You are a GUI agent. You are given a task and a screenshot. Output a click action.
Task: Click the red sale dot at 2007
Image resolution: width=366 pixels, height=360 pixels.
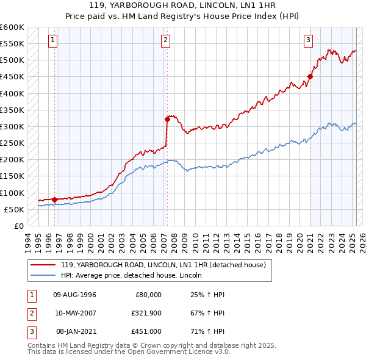167,119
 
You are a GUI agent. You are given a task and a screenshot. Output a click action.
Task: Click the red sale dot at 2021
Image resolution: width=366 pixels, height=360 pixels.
310,76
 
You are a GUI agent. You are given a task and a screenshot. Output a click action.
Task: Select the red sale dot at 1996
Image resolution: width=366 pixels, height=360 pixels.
55,199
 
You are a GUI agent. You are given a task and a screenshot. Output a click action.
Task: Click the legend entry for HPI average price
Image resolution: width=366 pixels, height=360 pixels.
132,276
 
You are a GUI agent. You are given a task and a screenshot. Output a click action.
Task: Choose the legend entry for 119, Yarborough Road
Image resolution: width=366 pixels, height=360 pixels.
162,265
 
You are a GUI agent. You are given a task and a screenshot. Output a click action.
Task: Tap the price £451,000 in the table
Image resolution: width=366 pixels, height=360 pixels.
147,331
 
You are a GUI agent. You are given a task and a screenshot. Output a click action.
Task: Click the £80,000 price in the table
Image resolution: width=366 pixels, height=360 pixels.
148,295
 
